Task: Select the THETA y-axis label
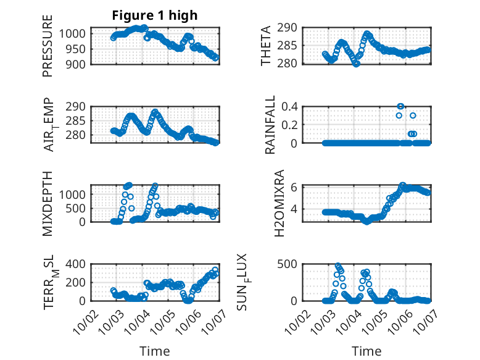tap(266, 46)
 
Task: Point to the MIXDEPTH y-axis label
tap(48, 203)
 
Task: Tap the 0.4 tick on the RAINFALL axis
tap(291, 106)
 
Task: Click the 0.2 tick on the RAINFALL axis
tap(291, 124)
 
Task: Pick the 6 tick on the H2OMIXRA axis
tap(295, 187)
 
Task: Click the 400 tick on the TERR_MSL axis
tap(78, 264)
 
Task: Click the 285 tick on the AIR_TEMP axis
tap(78, 120)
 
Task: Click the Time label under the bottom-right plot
tap(366, 351)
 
